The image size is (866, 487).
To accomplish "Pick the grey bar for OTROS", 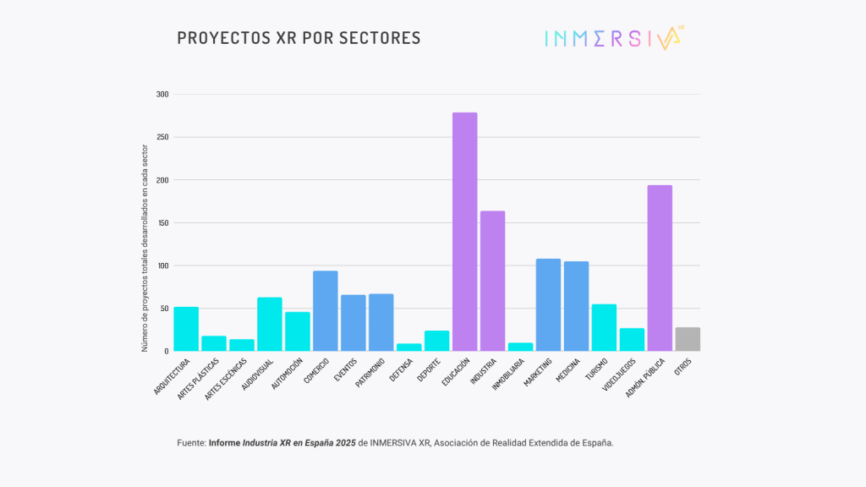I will click(x=688, y=339).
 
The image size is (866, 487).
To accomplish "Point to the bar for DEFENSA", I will click(x=408, y=347).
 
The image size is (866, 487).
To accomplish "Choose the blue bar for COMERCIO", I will click(x=325, y=310).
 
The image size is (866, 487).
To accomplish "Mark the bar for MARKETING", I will click(x=548, y=304).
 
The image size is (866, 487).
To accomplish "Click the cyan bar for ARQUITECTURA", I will click(x=186, y=329).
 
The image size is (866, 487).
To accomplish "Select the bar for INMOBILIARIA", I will click(x=520, y=347).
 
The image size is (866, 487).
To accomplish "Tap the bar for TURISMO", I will click(x=604, y=327).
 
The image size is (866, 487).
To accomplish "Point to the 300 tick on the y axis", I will click(x=162, y=95).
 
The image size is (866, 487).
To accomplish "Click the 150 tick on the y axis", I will click(x=162, y=223).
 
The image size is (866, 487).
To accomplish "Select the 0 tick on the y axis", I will click(x=166, y=351).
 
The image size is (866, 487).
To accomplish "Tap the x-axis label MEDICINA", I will click(x=568, y=371).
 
